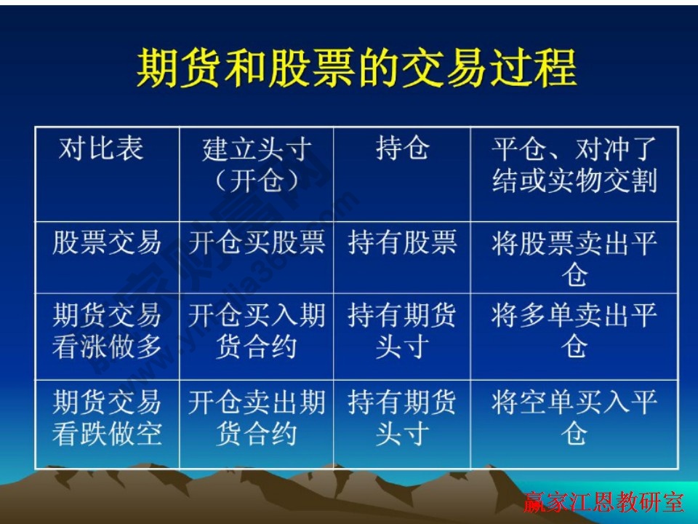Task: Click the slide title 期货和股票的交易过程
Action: point(356,68)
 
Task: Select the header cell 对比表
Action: point(101,149)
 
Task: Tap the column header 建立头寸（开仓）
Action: point(257,165)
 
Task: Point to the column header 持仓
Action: point(402,148)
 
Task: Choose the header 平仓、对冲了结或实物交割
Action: point(574,165)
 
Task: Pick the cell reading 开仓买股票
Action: point(257,242)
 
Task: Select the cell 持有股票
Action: point(402,242)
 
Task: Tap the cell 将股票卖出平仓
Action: point(574,258)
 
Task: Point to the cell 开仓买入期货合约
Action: point(257,331)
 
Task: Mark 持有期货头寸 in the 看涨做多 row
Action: point(402,331)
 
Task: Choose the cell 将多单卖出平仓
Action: point(574,331)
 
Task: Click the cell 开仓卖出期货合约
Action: point(257,418)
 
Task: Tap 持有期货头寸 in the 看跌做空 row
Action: point(402,418)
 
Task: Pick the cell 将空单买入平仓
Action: point(574,418)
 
